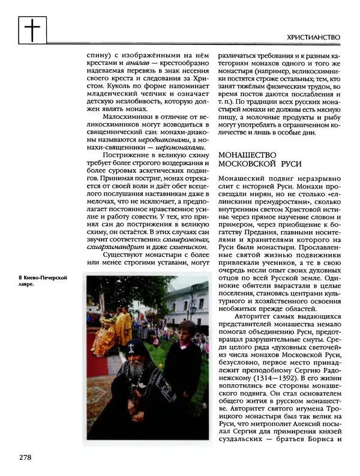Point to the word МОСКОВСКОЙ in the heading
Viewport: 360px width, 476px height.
pyautogui.click(x=247, y=164)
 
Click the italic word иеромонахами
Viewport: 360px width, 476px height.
pyautogui.click(x=179, y=147)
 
